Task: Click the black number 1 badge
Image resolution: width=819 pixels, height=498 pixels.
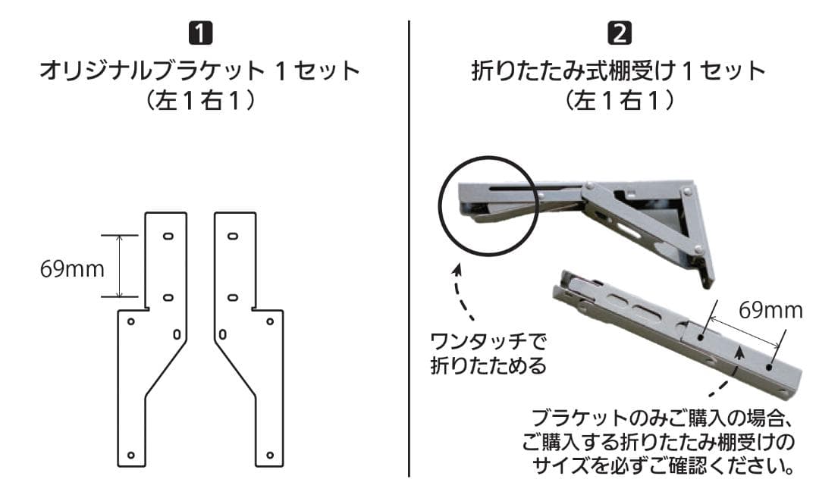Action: click(x=200, y=33)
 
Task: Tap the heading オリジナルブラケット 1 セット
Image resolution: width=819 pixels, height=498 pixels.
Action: click(x=200, y=71)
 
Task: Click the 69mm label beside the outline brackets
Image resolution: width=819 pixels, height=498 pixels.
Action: click(x=72, y=269)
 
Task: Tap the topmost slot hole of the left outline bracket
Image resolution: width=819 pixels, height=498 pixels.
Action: click(x=168, y=236)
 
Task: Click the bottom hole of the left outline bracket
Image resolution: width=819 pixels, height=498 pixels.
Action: click(x=131, y=455)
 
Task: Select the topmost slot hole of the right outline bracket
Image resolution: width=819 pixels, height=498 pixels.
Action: click(x=233, y=236)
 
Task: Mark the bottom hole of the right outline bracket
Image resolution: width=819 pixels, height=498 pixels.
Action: click(x=270, y=455)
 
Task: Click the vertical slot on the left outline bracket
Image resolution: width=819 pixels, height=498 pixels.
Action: click(x=177, y=334)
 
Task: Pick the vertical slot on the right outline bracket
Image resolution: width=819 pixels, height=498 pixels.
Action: click(x=224, y=334)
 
